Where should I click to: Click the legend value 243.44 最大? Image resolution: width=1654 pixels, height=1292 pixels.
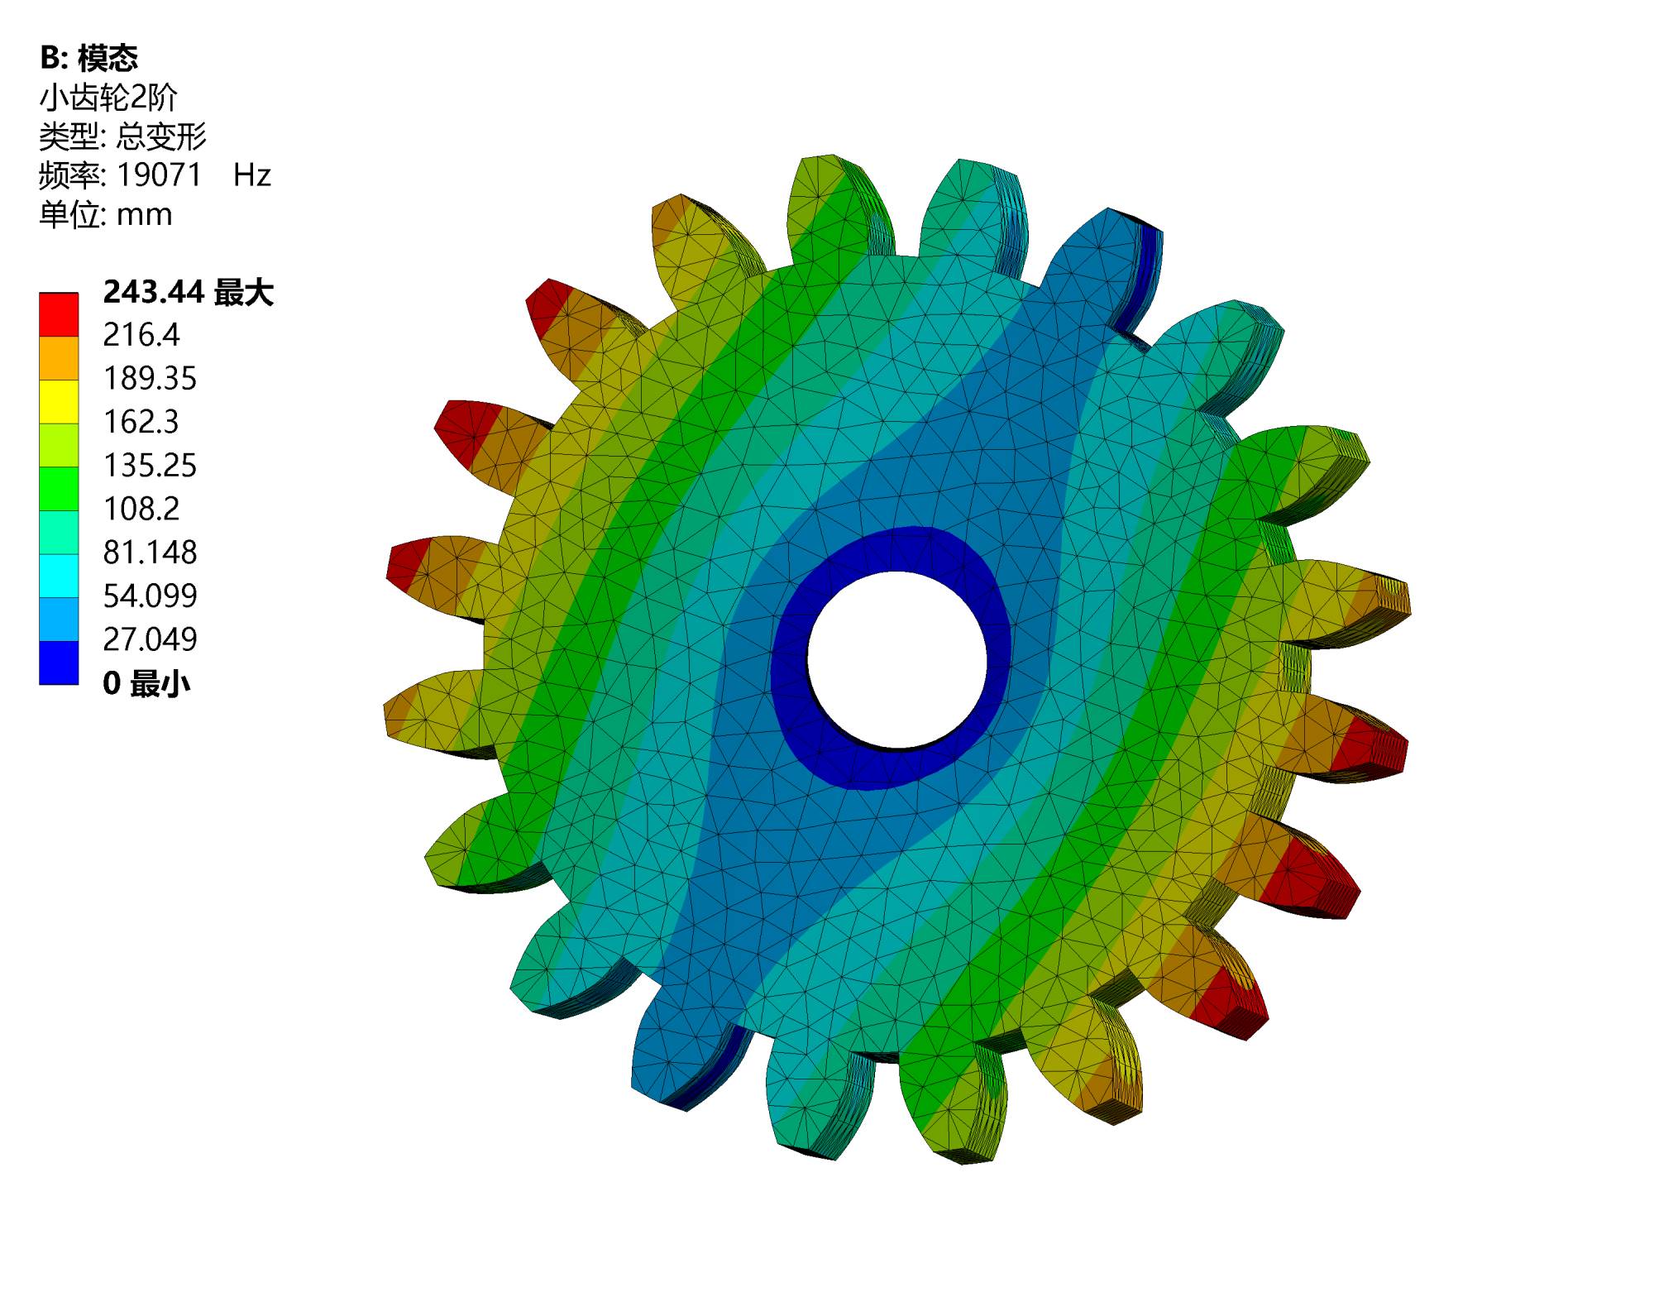pyautogui.click(x=188, y=292)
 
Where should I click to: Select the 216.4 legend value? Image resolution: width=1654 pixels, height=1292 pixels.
pyautogui.click(x=141, y=335)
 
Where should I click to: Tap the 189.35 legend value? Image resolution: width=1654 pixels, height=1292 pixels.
pyautogui.click(x=150, y=378)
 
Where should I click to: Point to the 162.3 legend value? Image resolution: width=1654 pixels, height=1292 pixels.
pyautogui.click(x=141, y=422)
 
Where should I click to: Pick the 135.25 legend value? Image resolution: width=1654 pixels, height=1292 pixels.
pyautogui.click(x=150, y=466)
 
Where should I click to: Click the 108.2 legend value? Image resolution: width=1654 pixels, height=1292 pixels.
pyautogui.click(x=141, y=509)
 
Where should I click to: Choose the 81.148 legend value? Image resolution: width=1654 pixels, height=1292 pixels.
pyautogui.click(x=150, y=553)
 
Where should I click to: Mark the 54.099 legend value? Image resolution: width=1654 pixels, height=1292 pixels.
pyautogui.click(x=150, y=596)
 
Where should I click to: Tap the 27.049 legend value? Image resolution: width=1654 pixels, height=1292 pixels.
pyautogui.click(x=150, y=639)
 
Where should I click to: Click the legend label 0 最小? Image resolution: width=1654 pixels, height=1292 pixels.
pyautogui.click(x=146, y=684)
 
